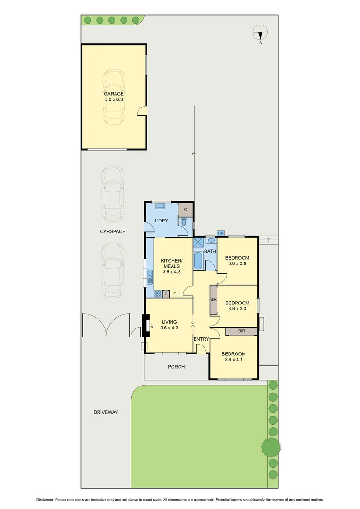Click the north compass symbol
point(260,33)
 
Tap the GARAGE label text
point(114,94)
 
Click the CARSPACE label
point(111,231)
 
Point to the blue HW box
point(221,233)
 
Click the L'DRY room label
point(162,221)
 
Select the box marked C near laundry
point(185,209)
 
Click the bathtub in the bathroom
point(198,261)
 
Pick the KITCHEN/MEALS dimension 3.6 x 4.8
point(171,272)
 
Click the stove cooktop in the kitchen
point(157,294)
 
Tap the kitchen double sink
point(150,276)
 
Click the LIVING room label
point(169,322)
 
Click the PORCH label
point(176,366)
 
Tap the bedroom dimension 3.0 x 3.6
point(237,264)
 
